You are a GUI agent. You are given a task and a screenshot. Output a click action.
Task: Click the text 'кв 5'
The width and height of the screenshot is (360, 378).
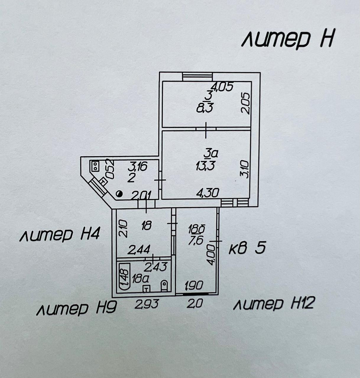247,249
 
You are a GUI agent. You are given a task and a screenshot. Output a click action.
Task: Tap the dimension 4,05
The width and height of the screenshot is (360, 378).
223,87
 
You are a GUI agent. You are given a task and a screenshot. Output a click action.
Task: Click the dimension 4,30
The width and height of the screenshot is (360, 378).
208,193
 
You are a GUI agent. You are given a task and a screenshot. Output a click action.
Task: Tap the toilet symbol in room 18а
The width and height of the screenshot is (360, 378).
164,286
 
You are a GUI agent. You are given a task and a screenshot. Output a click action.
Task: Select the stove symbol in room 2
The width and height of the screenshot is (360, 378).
95,166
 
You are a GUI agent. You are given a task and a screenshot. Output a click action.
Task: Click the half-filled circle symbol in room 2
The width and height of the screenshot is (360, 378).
119,194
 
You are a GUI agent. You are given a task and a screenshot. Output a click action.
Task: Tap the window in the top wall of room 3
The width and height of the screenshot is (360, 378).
197,76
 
